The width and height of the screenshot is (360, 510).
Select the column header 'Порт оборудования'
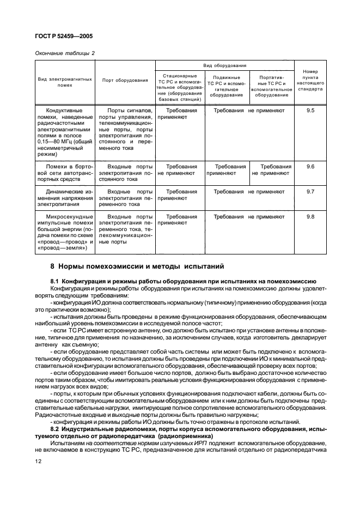(x=125, y=80)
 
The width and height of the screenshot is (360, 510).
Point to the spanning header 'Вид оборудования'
(x=225, y=65)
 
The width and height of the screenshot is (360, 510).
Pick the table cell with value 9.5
(x=310, y=110)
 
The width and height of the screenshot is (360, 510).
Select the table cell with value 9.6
(x=310, y=166)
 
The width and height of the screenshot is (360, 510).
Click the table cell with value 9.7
(x=310, y=192)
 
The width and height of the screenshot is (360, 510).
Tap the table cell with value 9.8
(x=310, y=217)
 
